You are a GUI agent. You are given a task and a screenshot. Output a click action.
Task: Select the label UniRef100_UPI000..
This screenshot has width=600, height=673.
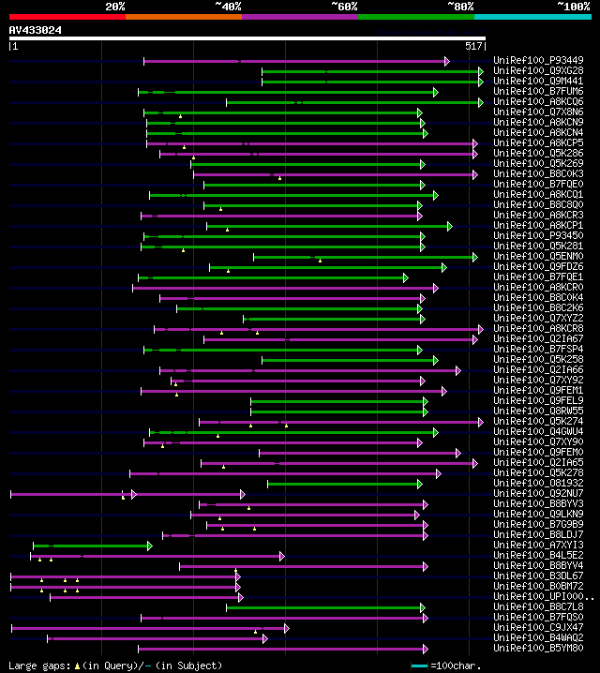pyautogui.click(x=542, y=597)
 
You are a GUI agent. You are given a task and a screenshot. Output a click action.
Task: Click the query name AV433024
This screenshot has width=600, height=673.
pyautogui.click(x=36, y=30)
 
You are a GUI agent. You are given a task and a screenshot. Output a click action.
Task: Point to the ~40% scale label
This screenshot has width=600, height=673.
pyautogui.click(x=228, y=6)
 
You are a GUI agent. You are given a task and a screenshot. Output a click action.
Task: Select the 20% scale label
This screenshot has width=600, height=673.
pyautogui.click(x=114, y=6)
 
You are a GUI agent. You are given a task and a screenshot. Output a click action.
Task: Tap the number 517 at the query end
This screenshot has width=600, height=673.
pyautogui.click(x=473, y=45)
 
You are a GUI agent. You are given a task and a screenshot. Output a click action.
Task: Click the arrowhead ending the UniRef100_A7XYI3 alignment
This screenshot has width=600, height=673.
pyautogui.click(x=149, y=546)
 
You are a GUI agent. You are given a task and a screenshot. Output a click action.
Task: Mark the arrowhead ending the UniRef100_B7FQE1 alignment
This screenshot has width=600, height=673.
pyautogui.click(x=406, y=277)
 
